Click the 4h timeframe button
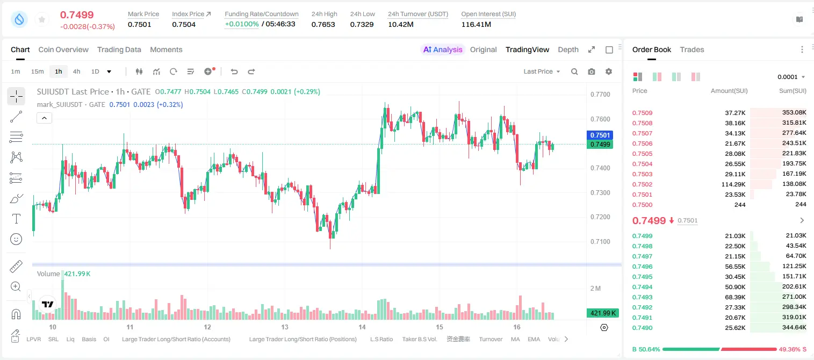pyautogui.click(x=76, y=71)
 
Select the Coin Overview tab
pyautogui.click(x=63, y=50)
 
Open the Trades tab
pyautogui.click(x=692, y=50)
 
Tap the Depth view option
pyautogui.click(x=568, y=50)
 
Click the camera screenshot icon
pyautogui.click(x=592, y=71)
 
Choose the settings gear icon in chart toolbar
pyautogui.click(x=609, y=71)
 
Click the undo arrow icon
pyautogui.click(x=234, y=71)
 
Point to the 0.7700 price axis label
pyautogui.click(x=600, y=95)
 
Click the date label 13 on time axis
pyautogui.click(x=285, y=327)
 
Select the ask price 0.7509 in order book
pyautogui.click(x=642, y=113)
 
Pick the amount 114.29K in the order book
pyautogui.click(x=733, y=184)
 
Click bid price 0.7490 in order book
pyautogui.click(x=642, y=328)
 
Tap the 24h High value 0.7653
pyautogui.click(x=323, y=24)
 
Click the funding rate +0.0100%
pyautogui.click(x=242, y=24)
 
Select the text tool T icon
pyautogui.click(x=16, y=219)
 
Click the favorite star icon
pyautogui.click(x=42, y=19)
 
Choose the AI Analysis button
pyautogui.click(x=443, y=50)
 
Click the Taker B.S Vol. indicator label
pyautogui.click(x=419, y=339)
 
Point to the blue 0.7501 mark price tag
pyautogui.click(x=600, y=135)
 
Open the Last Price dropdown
pyautogui.click(x=542, y=71)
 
